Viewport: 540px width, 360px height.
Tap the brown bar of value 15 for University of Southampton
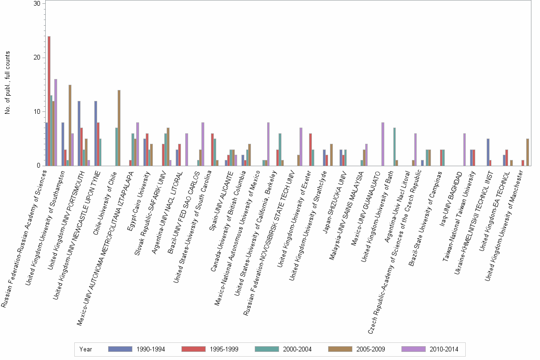(70, 125)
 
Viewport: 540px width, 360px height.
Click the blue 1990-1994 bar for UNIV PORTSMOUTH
(79, 133)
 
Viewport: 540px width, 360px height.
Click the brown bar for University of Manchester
(528, 152)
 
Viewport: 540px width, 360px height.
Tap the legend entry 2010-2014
(429, 349)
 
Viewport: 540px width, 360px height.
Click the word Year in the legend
(86, 349)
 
